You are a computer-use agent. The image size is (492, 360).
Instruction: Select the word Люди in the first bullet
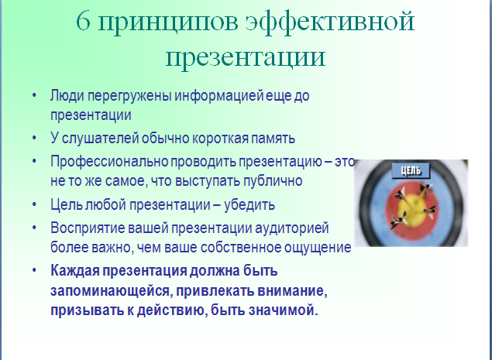[67, 96]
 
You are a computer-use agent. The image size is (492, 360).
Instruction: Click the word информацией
[218, 96]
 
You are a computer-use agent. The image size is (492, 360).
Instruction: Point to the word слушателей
[100, 139]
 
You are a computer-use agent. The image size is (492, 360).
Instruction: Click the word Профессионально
[109, 162]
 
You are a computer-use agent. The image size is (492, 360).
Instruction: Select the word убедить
[249, 205]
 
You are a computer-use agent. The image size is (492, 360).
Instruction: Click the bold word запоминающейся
[112, 291]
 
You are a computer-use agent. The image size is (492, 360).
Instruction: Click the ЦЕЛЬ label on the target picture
[411, 171]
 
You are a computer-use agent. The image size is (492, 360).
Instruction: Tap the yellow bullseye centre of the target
[411, 210]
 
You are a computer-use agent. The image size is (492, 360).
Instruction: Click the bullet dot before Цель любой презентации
[34, 205]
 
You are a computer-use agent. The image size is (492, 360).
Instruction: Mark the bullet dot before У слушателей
[34, 139]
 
